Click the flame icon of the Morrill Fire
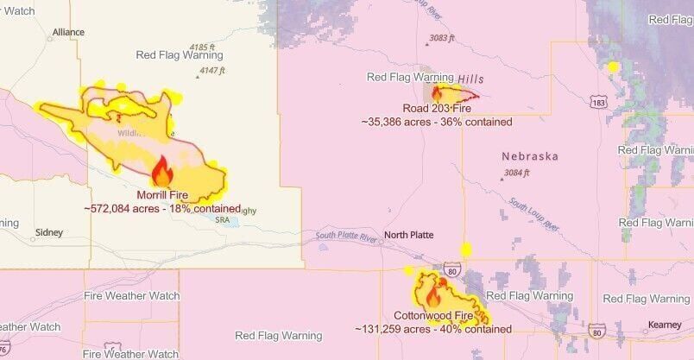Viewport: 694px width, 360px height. (161, 171)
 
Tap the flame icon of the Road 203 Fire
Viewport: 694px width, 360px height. (437, 92)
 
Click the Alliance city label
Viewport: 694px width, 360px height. (68, 32)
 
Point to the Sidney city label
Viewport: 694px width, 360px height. (48, 233)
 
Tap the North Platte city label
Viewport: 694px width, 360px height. (408, 235)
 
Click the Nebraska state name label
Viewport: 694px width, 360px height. (530, 156)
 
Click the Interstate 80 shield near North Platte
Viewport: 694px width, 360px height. (451, 269)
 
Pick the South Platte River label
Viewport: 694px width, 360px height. (347, 236)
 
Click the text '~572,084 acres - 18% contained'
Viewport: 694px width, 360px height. (162, 208)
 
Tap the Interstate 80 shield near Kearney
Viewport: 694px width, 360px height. (597, 332)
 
